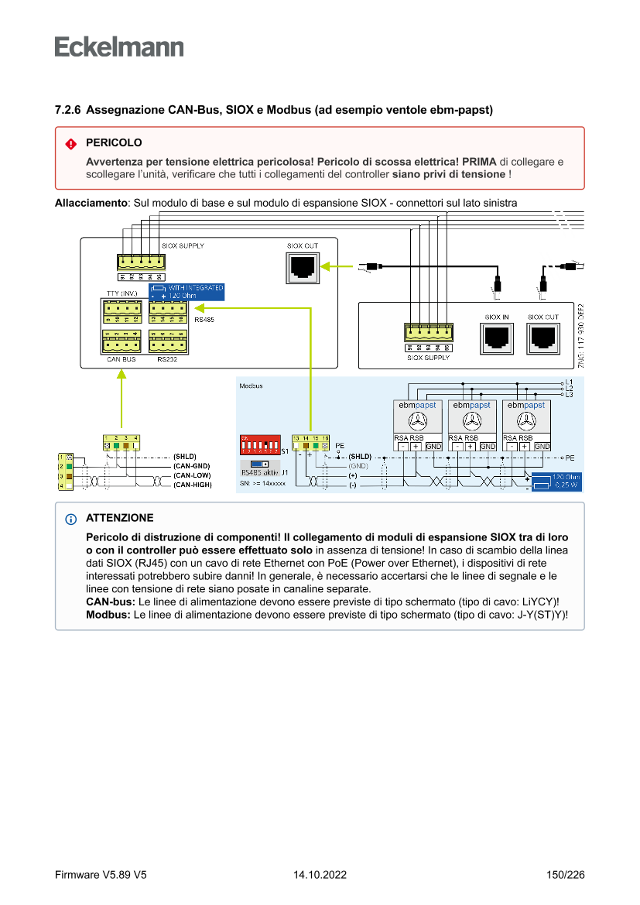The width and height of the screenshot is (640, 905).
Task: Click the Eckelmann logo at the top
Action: click(x=119, y=46)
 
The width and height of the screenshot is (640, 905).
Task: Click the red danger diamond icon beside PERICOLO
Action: click(x=70, y=144)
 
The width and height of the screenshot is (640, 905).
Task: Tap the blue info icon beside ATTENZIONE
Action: click(x=71, y=519)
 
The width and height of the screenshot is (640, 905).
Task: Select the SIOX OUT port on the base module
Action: click(x=302, y=266)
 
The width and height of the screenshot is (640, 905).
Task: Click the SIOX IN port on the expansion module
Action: click(x=496, y=337)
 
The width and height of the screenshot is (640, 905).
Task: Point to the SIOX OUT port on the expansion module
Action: click(x=542, y=337)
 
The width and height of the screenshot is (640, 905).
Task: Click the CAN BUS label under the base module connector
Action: click(x=121, y=360)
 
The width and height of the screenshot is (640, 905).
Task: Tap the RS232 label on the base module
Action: click(x=167, y=360)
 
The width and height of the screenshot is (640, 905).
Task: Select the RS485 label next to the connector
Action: click(x=204, y=319)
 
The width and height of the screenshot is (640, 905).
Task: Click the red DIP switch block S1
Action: click(x=259, y=446)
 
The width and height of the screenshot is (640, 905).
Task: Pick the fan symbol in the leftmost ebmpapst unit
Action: click(x=417, y=422)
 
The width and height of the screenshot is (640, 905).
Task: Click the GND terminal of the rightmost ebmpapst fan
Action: click(x=542, y=446)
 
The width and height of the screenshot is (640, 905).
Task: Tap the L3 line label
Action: click(x=569, y=395)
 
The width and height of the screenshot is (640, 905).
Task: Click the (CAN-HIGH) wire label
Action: click(x=193, y=485)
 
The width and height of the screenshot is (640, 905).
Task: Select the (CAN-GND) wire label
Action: click(x=192, y=466)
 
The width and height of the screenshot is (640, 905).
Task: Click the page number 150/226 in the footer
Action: click(x=565, y=875)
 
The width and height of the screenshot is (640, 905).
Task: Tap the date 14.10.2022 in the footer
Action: click(x=320, y=875)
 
